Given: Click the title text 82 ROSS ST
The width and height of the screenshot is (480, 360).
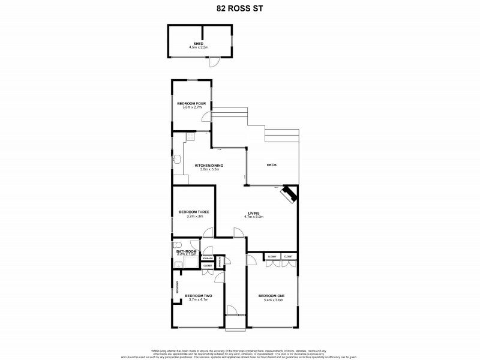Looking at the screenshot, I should (x=239, y=9).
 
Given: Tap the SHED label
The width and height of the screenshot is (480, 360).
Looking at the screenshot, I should (x=196, y=44).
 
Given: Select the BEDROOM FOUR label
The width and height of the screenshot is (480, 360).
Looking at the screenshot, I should (x=191, y=103).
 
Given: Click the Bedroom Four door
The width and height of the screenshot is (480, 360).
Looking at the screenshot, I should (x=205, y=119).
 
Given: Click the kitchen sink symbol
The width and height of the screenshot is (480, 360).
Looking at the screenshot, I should (x=177, y=160).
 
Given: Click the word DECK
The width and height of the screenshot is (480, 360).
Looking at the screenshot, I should (x=271, y=166).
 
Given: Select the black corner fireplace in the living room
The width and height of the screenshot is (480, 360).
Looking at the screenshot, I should (x=289, y=194).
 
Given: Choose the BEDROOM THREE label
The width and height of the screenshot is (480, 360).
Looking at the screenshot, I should (x=193, y=212).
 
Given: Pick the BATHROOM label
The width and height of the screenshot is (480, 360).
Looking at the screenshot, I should (x=186, y=251).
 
